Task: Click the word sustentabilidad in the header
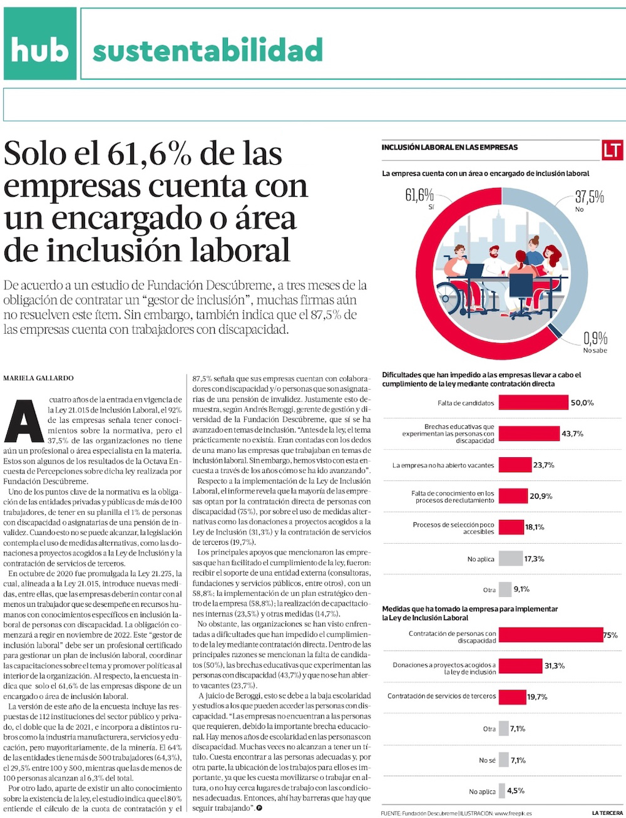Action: pos(207,51)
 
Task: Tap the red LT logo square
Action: pos(612,150)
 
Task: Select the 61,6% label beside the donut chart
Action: pos(419,195)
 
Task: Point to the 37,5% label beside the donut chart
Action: pos(590,197)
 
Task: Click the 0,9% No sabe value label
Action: pos(595,339)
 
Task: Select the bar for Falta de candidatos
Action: pos(533,403)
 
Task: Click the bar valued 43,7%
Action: pos(529,433)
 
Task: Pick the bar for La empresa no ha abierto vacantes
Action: pos(515,465)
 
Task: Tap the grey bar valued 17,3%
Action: pos(511,558)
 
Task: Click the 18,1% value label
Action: pos(535,527)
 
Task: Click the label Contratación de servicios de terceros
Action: pos(441,696)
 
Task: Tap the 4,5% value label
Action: pos(516,791)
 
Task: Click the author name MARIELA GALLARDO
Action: pos(38,378)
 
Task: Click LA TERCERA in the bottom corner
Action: pos(607,812)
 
